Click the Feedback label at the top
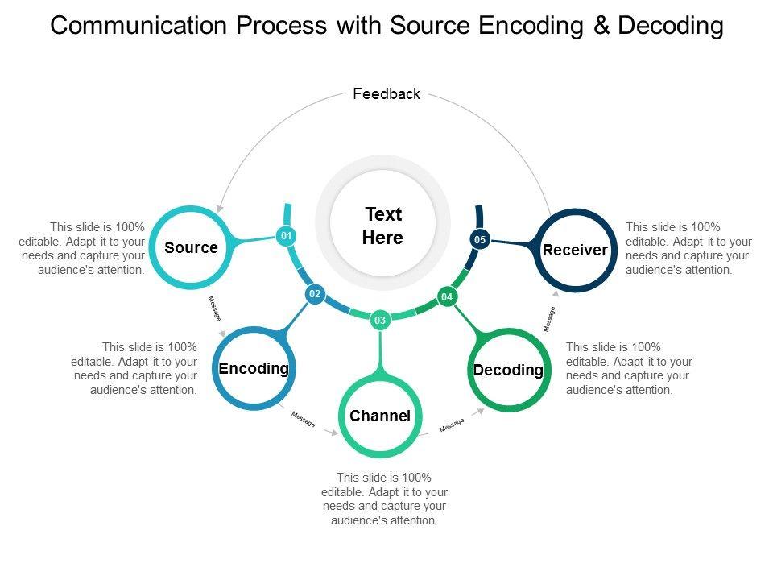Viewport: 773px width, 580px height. [386, 94]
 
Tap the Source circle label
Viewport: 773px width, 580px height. [191, 247]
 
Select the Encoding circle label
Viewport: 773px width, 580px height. [254, 368]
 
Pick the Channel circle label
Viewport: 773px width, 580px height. [380, 416]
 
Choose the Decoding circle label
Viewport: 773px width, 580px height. [508, 370]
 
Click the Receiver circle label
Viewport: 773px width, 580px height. [575, 250]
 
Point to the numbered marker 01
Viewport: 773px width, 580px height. [285, 235]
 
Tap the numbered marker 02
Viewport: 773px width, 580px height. [315, 295]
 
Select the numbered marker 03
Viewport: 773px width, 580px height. [380, 321]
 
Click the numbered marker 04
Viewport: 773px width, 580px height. [448, 297]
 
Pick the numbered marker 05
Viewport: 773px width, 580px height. [480, 239]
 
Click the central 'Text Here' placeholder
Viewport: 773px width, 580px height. [383, 226]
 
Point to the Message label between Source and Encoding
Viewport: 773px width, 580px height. [214, 309]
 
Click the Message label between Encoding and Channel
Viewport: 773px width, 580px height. [304, 420]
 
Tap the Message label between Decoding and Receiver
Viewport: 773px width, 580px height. [550, 319]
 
